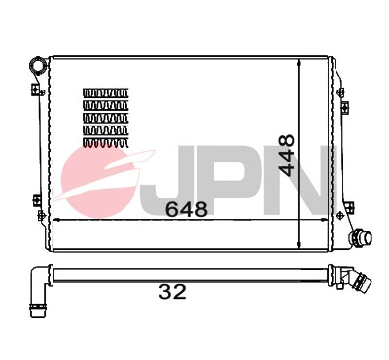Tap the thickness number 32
click(x=172, y=291)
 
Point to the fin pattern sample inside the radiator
click(x=105, y=116)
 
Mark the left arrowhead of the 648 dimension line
click(x=53, y=221)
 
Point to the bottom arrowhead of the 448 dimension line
click(x=299, y=242)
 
